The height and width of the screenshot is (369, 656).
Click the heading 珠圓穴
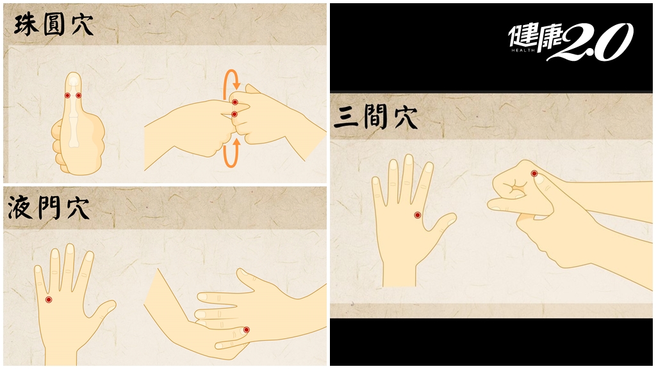(x=54, y=25)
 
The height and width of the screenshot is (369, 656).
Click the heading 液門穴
(x=49, y=208)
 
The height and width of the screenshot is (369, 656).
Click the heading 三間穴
(x=375, y=117)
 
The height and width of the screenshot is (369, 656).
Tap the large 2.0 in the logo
(x=594, y=42)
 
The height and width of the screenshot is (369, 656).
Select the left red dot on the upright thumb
(x=67, y=95)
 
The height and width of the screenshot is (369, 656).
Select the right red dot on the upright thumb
(x=79, y=95)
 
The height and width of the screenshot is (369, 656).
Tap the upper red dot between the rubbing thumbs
(x=235, y=102)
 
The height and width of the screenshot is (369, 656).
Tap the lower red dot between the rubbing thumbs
(x=234, y=114)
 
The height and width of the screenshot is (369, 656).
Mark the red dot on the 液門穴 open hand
(x=49, y=300)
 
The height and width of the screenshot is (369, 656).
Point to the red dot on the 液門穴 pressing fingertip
(x=247, y=330)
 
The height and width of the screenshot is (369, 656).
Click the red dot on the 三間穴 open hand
(x=417, y=215)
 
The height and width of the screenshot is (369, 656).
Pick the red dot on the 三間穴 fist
(x=534, y=173)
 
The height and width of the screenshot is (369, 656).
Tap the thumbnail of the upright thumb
(x=74, y=80)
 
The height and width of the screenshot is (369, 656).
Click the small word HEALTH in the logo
(x=523, y=50)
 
